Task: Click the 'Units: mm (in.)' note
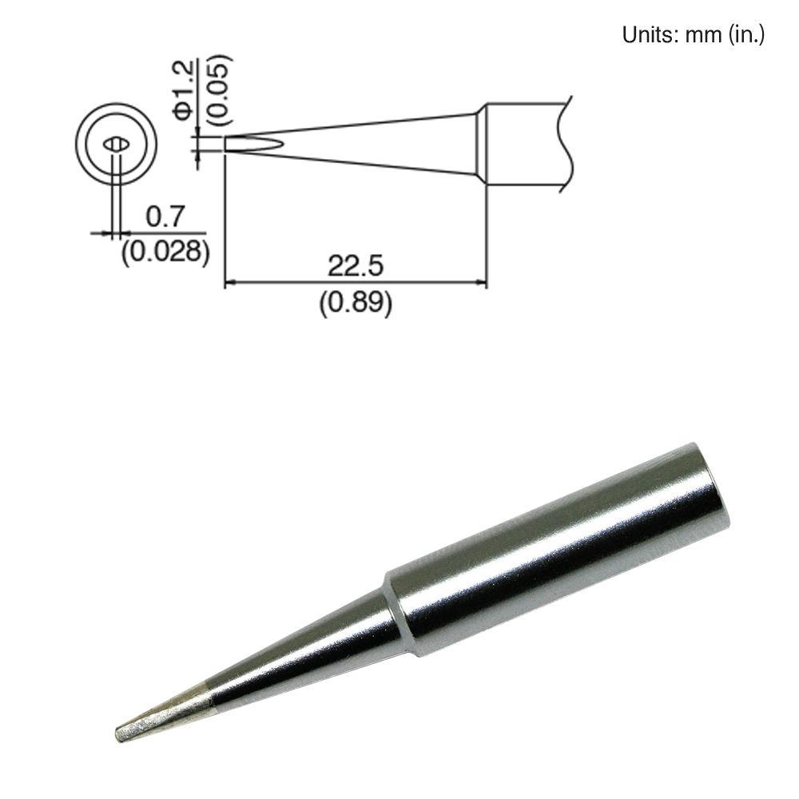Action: pos(693,35)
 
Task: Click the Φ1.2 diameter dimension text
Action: pos(183,89)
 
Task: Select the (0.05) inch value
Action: pos(217,89)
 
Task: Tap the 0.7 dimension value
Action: pos(165,216)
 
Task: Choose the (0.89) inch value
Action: pos(355,303)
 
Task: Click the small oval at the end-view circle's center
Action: pos(117,145)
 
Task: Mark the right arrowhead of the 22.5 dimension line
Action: pos(482,281)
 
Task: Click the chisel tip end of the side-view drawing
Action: pos(227,144)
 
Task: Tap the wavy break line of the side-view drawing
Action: pos(568,144)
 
